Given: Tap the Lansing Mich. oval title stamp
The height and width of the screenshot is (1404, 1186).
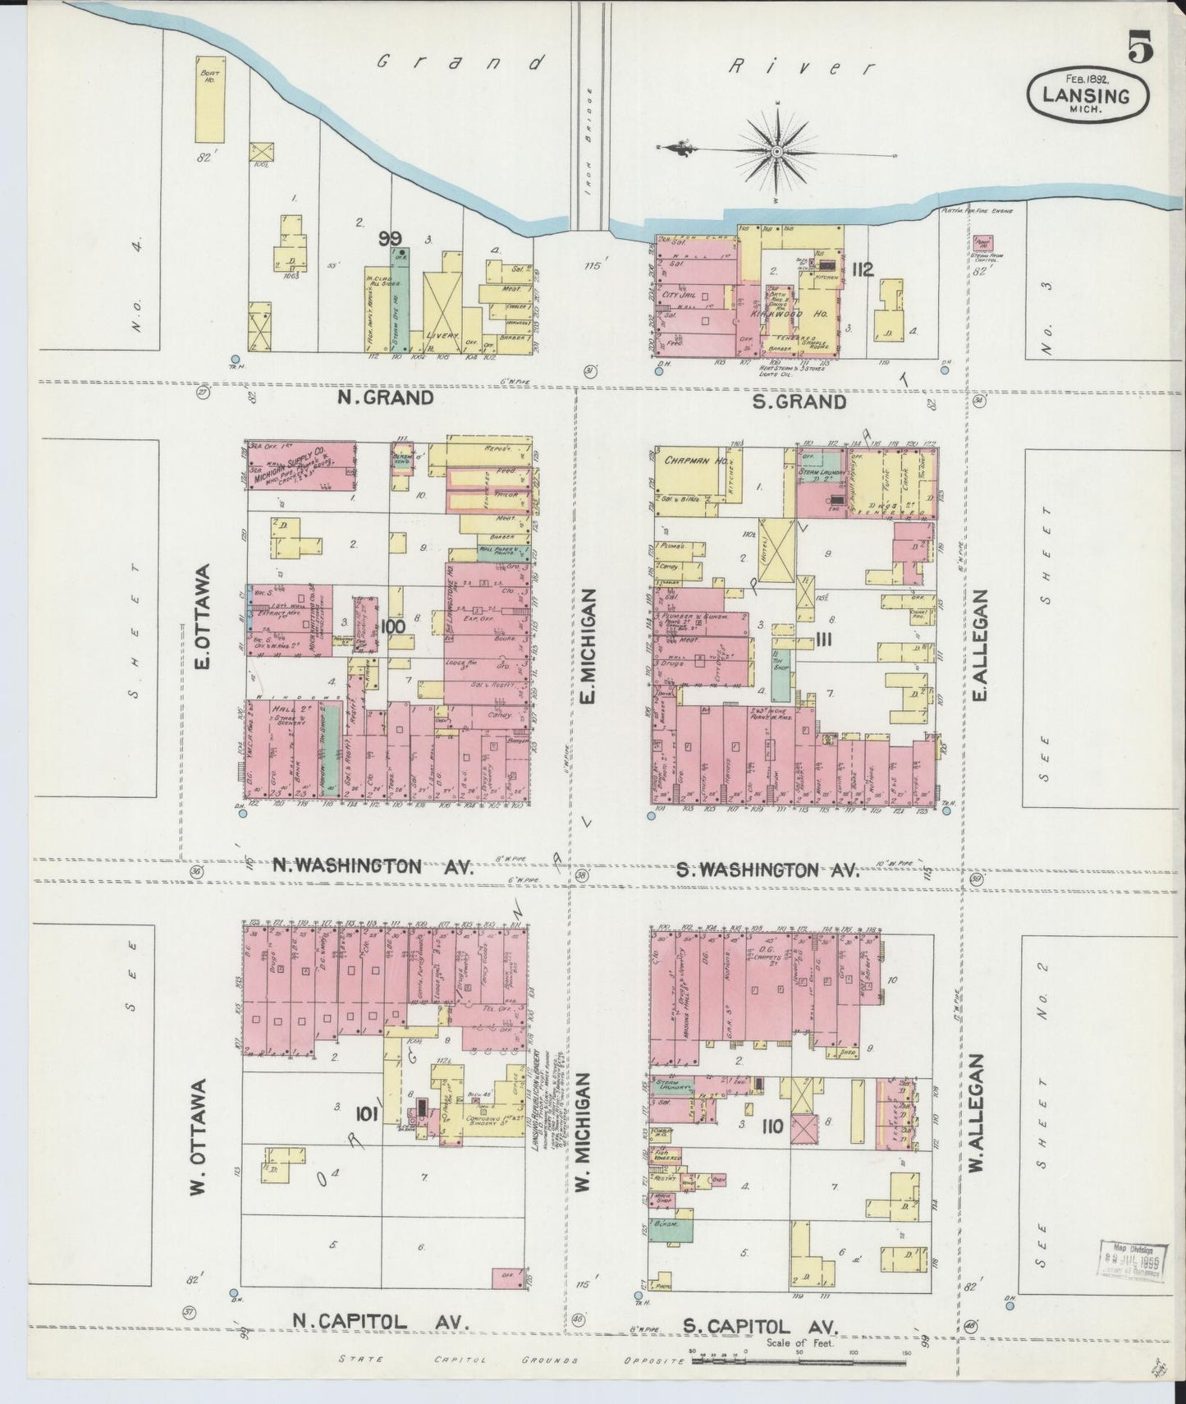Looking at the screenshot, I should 1088,94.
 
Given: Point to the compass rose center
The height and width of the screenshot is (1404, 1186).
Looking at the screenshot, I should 776,153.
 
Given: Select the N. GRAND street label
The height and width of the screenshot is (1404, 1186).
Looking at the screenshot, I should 386,398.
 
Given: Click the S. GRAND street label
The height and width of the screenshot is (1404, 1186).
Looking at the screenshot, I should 799,401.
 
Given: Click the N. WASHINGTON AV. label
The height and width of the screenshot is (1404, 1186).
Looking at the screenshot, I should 373,865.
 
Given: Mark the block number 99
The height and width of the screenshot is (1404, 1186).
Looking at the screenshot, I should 391,239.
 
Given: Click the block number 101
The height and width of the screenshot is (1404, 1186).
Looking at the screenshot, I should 366,1114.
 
